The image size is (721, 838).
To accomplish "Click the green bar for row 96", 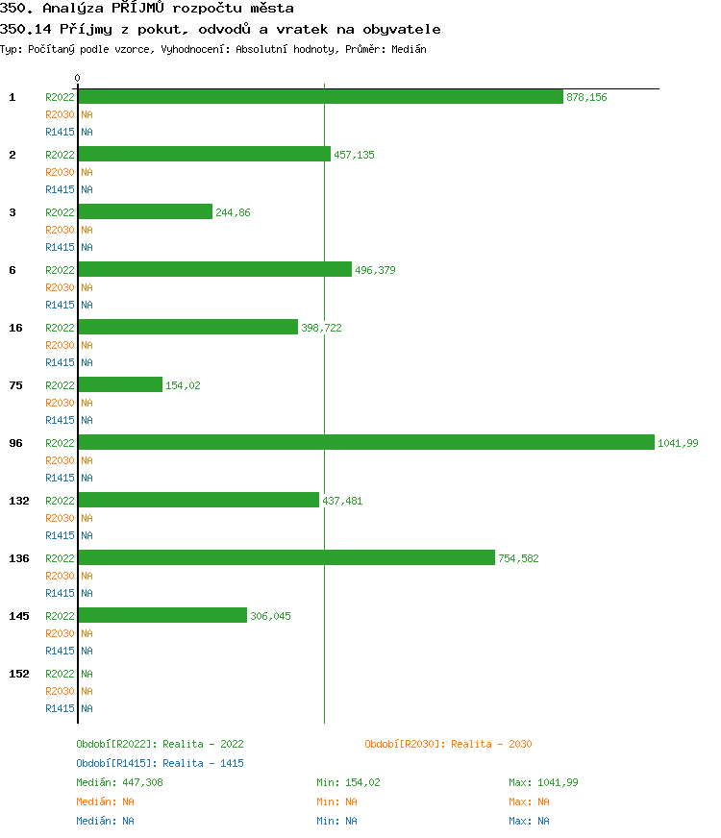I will (366, 442).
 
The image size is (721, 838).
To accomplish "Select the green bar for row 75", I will (120, 384).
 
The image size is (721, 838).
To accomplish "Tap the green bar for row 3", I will (145, 211).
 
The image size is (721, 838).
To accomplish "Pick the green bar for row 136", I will (286, 557).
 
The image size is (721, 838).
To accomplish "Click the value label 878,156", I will (586, 97).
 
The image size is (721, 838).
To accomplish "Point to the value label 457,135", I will (354, 155).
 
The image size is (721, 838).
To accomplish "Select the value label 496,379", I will (375, 270).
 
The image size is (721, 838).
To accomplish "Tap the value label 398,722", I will (321, 328).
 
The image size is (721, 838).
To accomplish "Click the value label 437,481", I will (342, 501).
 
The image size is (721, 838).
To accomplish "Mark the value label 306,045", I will (270, 616).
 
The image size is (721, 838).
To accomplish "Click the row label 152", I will (19, 674).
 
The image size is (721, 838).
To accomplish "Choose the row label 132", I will (19, 501).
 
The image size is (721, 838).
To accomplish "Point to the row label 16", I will (16, 328).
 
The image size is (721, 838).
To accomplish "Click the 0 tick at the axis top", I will (78, 78).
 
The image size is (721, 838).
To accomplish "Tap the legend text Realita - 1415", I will (203, 763).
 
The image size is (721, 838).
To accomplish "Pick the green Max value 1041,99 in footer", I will (558, 782).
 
